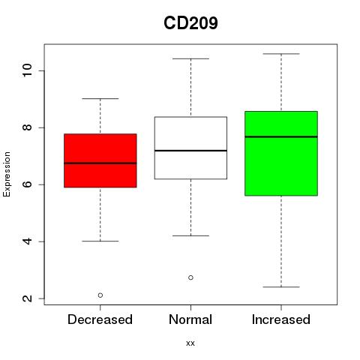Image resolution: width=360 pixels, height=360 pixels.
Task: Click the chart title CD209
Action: point(190,23)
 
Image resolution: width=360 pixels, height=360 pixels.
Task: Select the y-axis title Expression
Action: point(7,174)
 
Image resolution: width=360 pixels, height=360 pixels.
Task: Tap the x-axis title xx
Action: point(190,343)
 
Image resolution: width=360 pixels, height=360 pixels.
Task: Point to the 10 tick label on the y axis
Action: point(27,70)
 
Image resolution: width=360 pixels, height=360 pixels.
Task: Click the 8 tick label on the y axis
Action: point(27,127)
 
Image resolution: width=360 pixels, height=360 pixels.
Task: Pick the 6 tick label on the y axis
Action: point(27,184)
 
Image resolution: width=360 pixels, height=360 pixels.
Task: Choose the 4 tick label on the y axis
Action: point(27,241)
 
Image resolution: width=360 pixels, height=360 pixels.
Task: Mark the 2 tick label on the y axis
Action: point(27,298)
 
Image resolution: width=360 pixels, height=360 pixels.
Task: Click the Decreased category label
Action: point(100,319)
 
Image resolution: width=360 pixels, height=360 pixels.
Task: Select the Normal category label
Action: point(190,319)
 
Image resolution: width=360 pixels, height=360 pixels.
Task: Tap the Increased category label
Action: point(281,319)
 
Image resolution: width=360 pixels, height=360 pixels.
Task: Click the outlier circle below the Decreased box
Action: point(100,295)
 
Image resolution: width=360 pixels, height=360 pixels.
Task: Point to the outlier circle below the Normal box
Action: point(190,277)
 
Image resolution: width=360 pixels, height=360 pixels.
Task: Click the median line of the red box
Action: point(100,163)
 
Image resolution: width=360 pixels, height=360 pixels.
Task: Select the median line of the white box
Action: point(190,151)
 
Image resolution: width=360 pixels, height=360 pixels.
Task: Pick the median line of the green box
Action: point(281,136)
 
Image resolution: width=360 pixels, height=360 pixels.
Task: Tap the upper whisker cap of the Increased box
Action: point(281,54)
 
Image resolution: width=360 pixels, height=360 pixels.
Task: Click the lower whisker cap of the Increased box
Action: point(281,287)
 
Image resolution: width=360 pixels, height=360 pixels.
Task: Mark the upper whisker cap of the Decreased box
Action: point(100,98)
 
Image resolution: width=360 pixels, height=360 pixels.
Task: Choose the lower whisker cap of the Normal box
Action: point(190,235)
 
